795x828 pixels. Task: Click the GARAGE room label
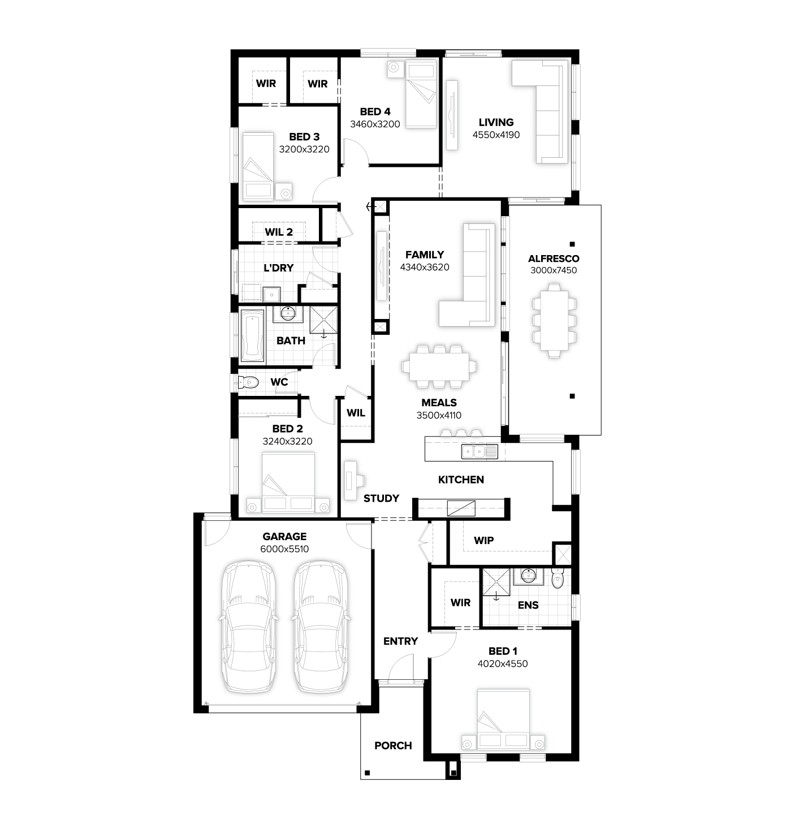tap(284, 536)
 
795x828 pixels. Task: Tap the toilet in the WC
tap(248, 382)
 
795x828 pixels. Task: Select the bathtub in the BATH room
tap(252, 336)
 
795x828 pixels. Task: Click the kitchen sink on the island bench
tap(479, 451)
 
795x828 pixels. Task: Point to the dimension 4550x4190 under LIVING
tap(496, 135)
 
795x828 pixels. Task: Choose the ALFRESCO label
tap(554, 258)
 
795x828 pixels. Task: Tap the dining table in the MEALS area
tap(439, 366)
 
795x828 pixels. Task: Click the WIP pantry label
tap(483, 540)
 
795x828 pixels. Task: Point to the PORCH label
tap(393, 745)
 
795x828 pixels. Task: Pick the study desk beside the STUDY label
tap(353, 480)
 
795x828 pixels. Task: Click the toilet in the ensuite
tap(557, 578)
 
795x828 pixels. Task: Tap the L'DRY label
tap(279, 268)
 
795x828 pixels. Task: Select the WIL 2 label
tap(279, 232)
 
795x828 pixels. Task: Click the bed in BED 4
tap(421, 94)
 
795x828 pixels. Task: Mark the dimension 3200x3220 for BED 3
tap(304, 149)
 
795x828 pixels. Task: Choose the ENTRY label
tap(400, 641)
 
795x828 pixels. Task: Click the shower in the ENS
tap(496, 583)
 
